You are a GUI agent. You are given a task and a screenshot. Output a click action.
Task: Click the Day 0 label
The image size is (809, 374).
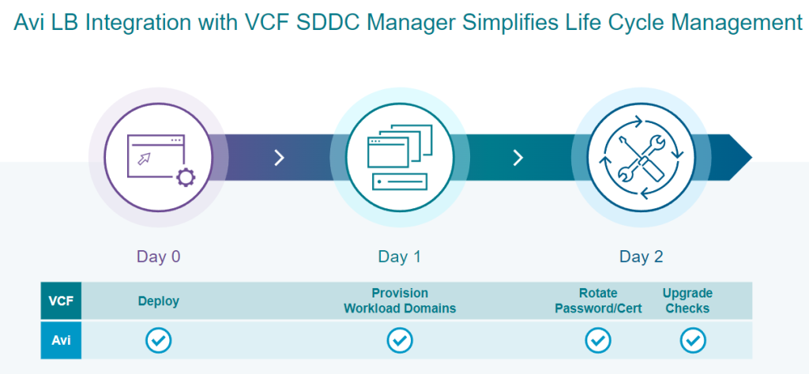[x=159, y=256]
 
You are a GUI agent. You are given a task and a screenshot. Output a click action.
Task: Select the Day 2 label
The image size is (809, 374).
[x=641, y=256]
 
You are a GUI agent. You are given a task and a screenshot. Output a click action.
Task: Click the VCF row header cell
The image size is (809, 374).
[x=61, y=301]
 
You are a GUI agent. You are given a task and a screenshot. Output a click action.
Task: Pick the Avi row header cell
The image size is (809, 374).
[x=61, y=340]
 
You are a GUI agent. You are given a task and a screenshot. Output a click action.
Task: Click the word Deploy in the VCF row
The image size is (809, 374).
[x=159, y=301]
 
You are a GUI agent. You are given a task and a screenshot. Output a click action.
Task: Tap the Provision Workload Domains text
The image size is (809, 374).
[x=400, y=301]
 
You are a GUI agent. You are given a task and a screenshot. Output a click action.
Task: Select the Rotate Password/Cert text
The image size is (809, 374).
[x=598, y=301]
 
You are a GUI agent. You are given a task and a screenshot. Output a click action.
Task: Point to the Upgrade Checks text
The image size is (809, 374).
[x=687, y=301]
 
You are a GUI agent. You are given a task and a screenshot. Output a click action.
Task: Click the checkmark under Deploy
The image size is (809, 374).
[x=159, y=340]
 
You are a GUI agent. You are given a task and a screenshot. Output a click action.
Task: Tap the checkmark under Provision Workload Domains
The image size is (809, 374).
[x=400, y=340]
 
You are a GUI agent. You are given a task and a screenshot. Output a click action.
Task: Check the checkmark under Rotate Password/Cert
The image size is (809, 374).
[x=598, y=340]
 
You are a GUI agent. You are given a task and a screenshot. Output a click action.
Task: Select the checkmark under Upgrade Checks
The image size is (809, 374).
[x=693, y=340]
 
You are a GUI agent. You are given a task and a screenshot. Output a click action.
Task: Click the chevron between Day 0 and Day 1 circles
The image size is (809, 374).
[x=279, y=158]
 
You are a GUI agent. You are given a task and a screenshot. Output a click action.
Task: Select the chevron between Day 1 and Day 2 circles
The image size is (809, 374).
[x=518, y=158]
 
